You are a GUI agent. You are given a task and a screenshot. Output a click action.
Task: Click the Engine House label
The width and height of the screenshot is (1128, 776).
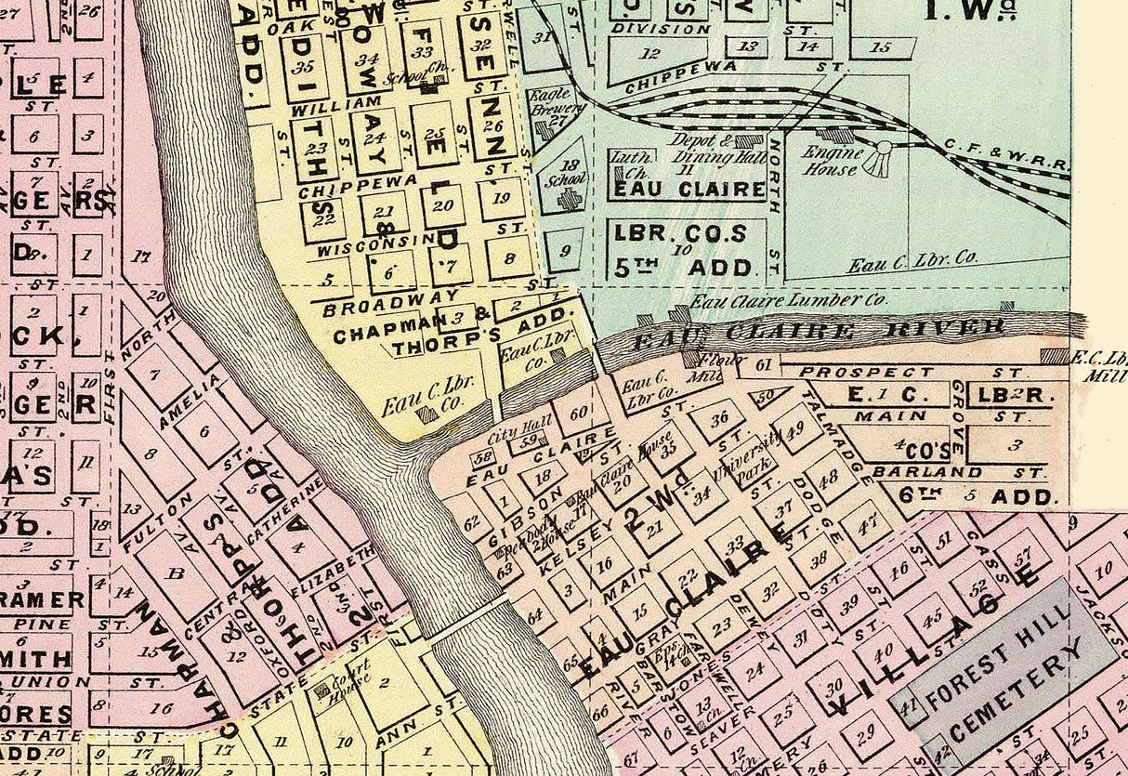833,160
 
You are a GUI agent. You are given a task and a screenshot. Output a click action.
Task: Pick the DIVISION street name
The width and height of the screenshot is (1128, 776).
660,29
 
